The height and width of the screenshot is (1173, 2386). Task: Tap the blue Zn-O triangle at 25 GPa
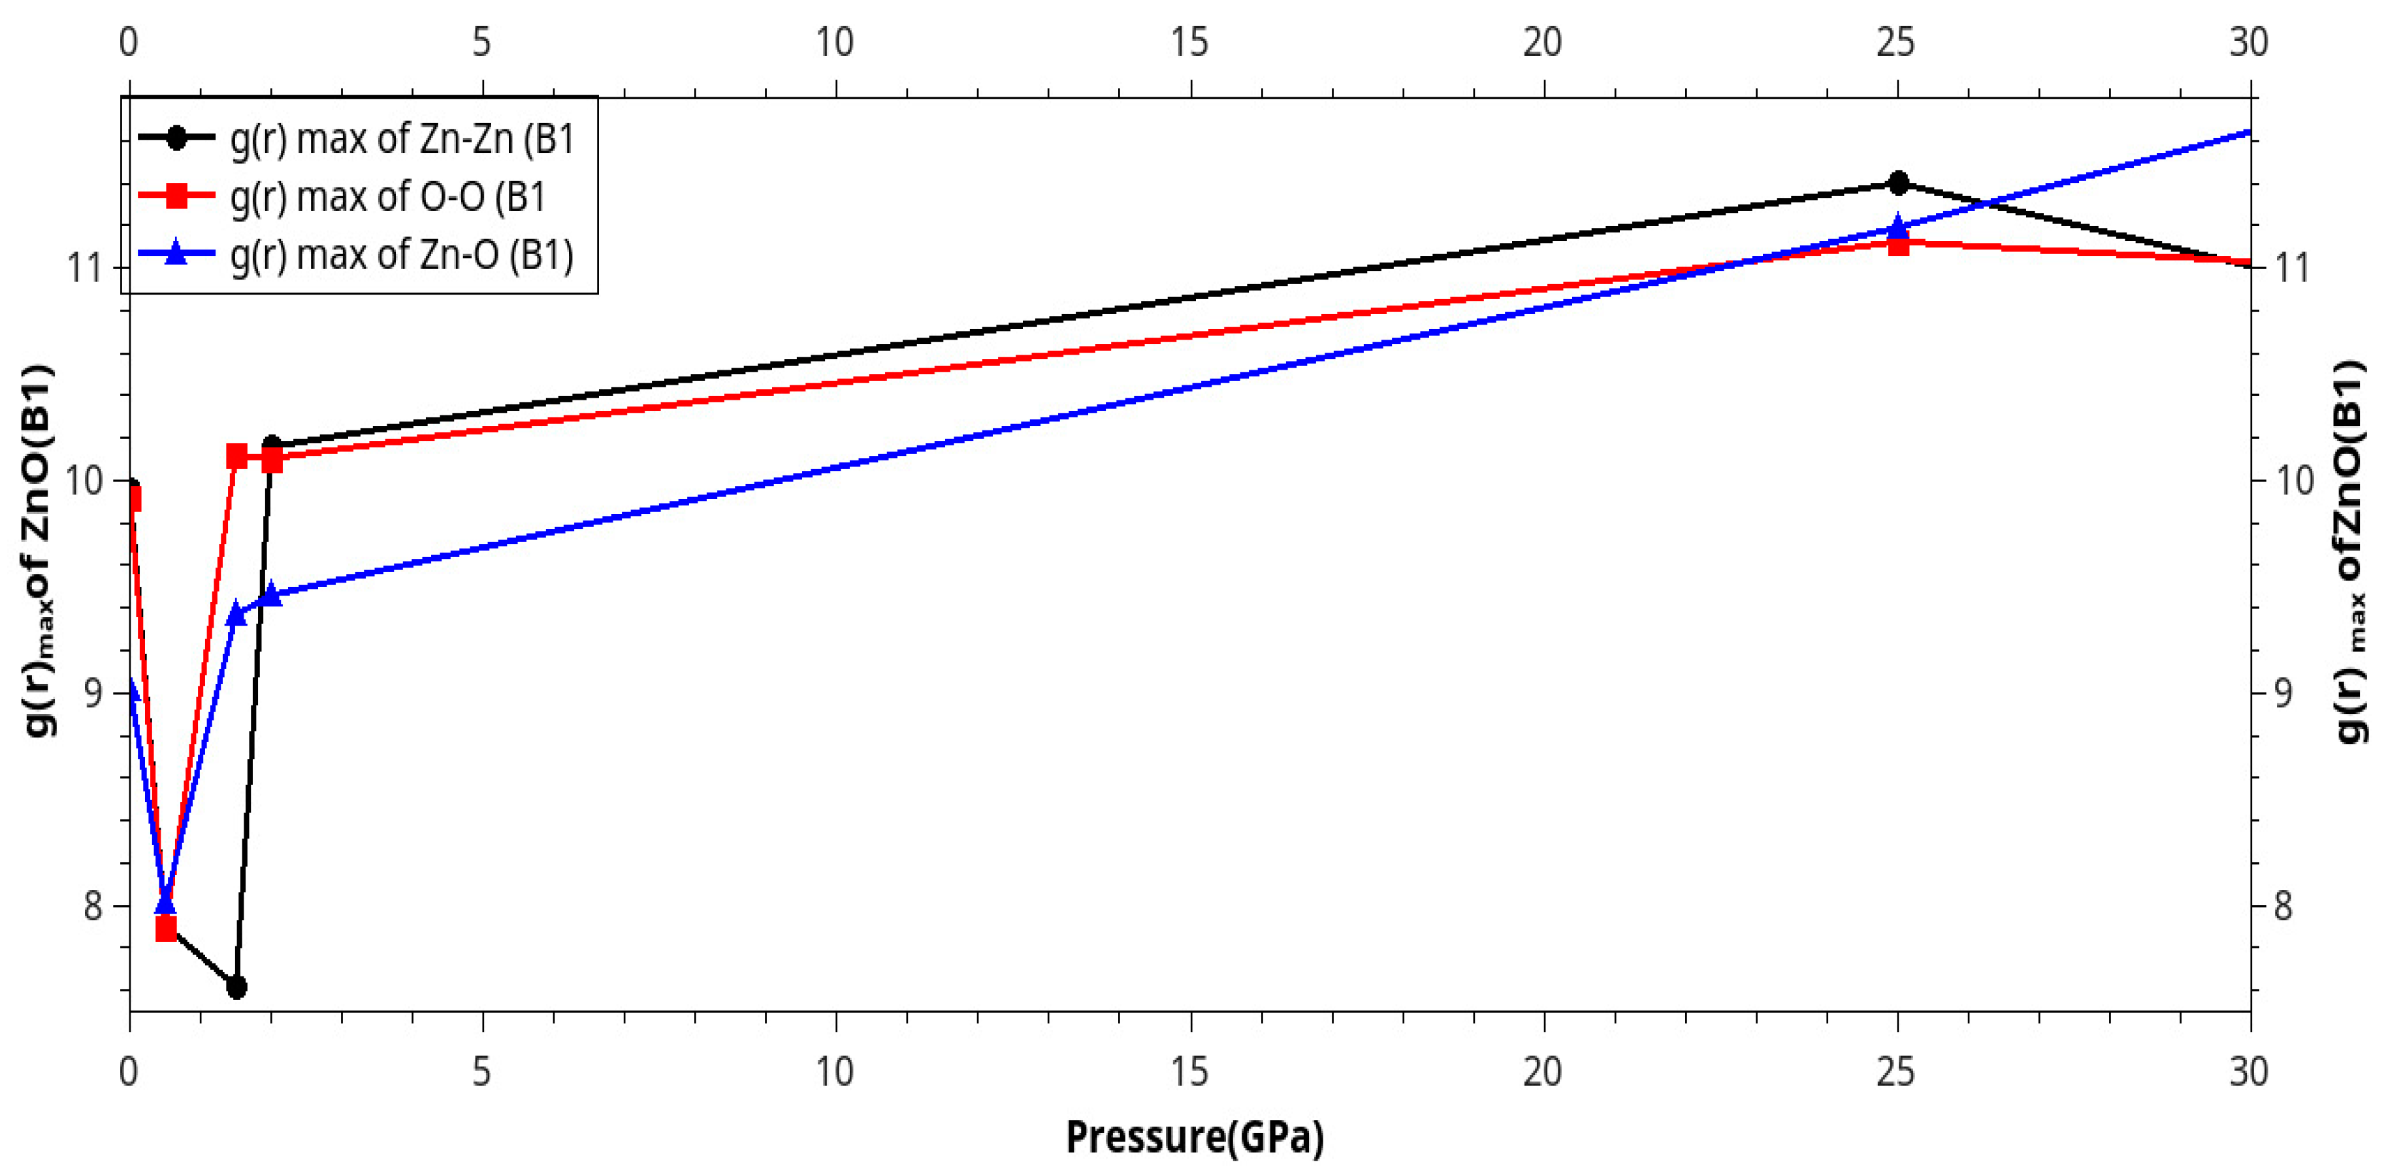coord(1897,225)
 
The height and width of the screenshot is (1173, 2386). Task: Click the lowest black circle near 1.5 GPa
coord(236,987)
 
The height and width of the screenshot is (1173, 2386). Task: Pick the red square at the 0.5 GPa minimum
coord(166,928)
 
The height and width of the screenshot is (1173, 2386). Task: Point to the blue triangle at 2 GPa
coord(272,594)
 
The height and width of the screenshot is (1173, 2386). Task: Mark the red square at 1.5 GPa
coord(236,456)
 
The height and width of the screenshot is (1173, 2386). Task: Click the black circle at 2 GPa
coord(272,445)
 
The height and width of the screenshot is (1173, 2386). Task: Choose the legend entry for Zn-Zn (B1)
coord(402,139)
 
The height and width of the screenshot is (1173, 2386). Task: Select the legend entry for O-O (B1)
coord(387,197)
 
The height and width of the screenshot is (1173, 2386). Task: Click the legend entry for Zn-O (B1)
coord(402,254)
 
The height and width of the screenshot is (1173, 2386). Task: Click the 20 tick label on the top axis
coord(1542,42)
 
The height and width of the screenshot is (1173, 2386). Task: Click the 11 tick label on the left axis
coord(85,268)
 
